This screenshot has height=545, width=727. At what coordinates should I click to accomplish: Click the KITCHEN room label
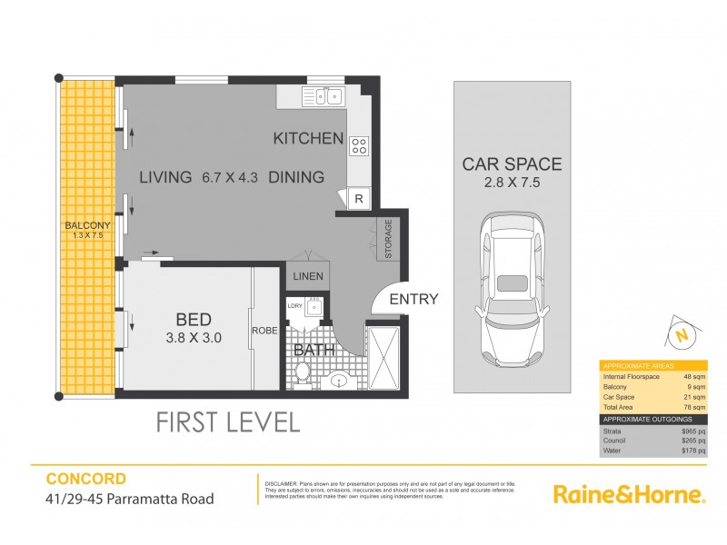[x=308, y=139]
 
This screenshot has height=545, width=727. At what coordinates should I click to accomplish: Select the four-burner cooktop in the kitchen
[x=358, y=144]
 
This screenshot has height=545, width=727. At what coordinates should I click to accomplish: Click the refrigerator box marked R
[x=358, y=199]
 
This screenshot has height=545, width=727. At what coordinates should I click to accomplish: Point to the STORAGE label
[x=388, y=239]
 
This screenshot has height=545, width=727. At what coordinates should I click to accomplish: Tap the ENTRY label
[x=413, y=299]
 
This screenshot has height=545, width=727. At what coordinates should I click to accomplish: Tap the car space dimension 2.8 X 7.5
[x=512, y=184]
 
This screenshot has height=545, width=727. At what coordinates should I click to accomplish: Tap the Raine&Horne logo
[x=629, y=494]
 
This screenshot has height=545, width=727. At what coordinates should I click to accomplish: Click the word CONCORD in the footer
[x=86, y=479]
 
